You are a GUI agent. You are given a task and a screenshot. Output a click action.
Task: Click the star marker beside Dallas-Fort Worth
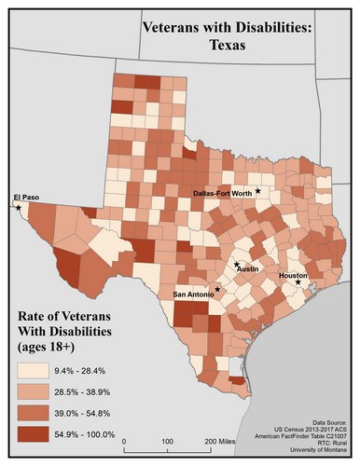pyautogui.click(x=258, y=191)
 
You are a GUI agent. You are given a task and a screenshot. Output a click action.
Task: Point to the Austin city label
pyautogui.click(x=247, y=269)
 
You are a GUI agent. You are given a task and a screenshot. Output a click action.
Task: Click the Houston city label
pyautogui.click(x=293, y=276)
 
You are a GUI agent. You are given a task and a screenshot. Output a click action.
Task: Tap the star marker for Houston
pyautogui.click(x=298, y=283)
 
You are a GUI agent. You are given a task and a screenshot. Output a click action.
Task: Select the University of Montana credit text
pyautogui.click(x=316, y=451)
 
